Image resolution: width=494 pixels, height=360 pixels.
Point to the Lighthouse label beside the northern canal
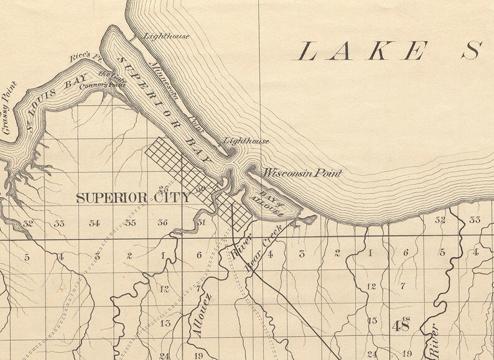coord(166,36)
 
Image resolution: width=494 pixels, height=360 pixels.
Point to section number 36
coord(163,223)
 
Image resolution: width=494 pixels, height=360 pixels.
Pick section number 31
coord(200,223)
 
